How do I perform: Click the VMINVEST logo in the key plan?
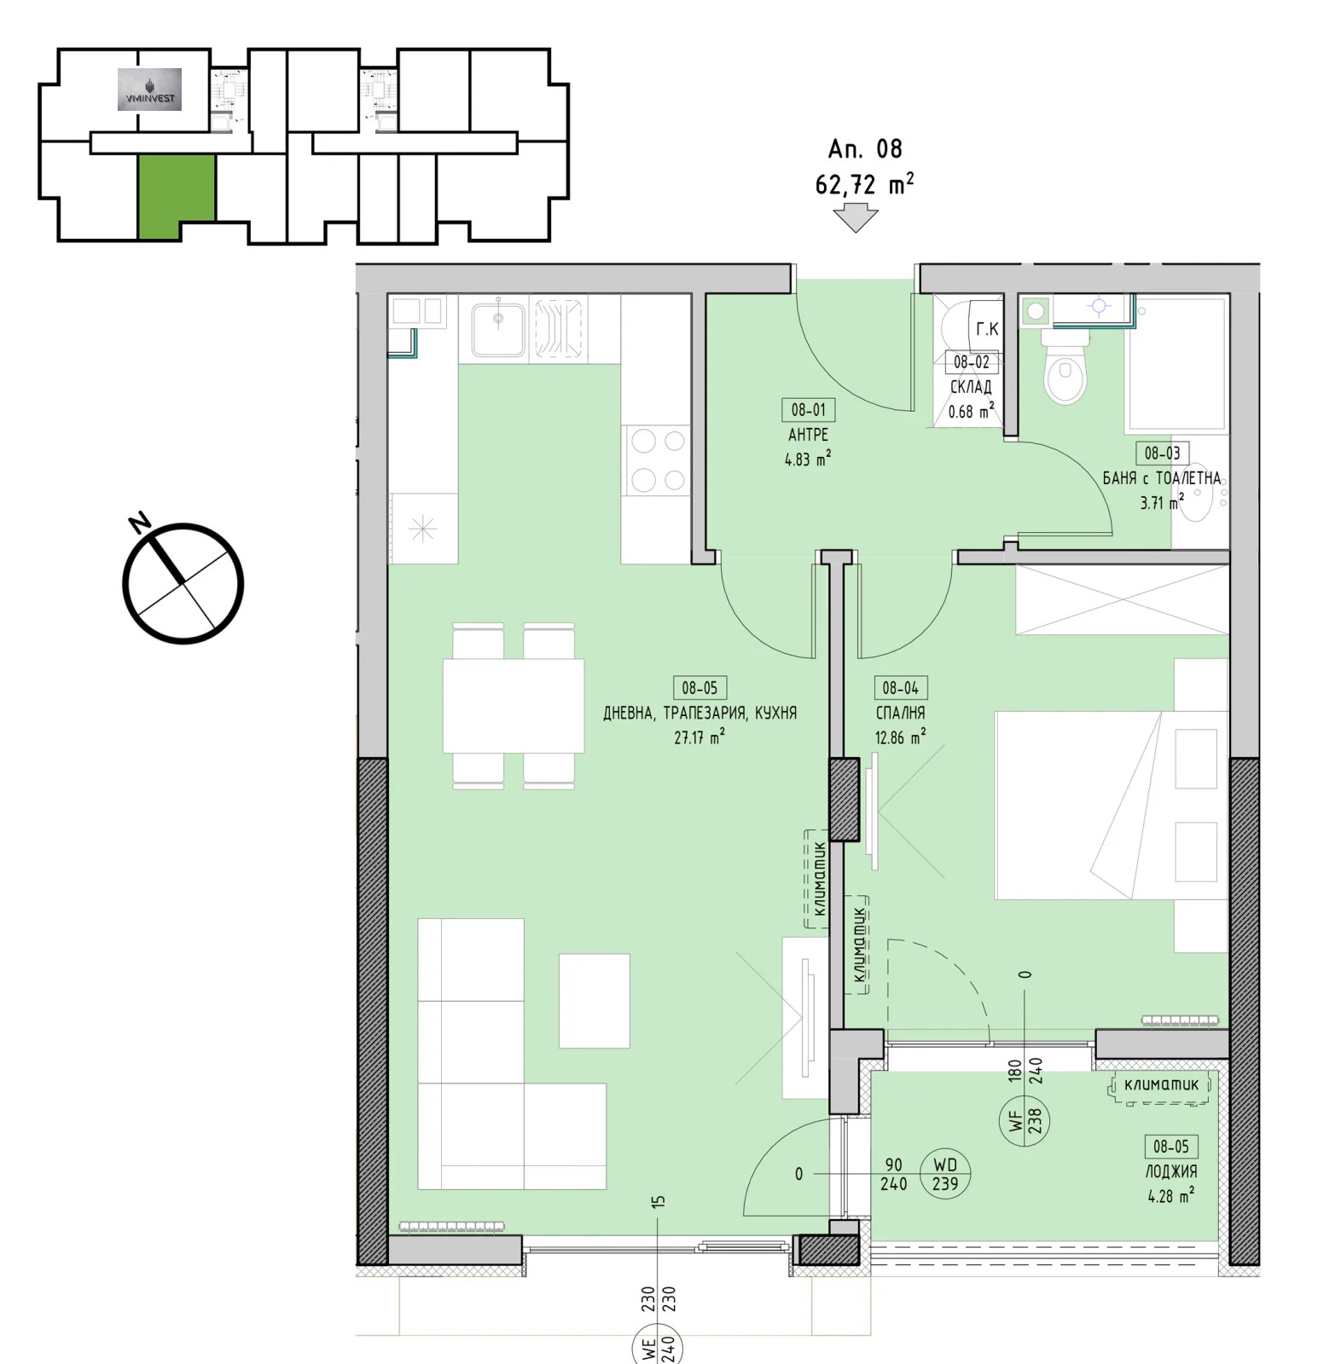coord(149,90)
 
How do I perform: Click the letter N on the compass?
coord(140,522)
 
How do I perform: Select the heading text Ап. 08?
coord(864,149)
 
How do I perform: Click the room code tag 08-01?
coord(808,410)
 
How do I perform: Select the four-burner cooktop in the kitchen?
coord(657,460)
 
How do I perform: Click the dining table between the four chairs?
coord(513,705)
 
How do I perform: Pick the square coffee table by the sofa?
coord(594,1000)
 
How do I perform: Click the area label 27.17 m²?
coord(700,737)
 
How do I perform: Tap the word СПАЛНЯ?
coord(900,713)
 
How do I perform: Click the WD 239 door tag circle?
coord(944,1175)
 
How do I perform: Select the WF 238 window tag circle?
coord(1025,1119)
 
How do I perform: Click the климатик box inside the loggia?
coord(1161,1086)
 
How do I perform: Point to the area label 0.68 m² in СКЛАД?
coord(971,412)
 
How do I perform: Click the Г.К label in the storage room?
coord(986,329)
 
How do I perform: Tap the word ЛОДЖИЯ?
coord(1170,1171)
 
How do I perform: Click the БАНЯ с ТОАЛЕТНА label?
coord(1161,478)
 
